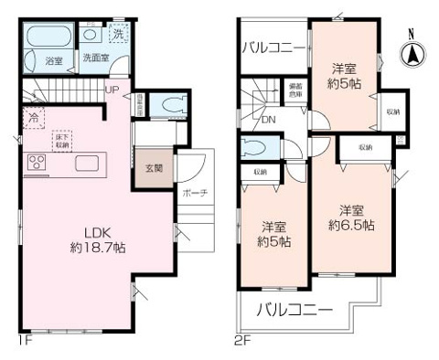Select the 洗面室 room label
(95, 57)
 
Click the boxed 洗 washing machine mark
(119, 34)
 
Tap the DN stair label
(268, 119)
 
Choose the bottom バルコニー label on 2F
(294, 309)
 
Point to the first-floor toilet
(165, 106)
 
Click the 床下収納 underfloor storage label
(64, 140)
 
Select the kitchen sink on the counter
(88, 164)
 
